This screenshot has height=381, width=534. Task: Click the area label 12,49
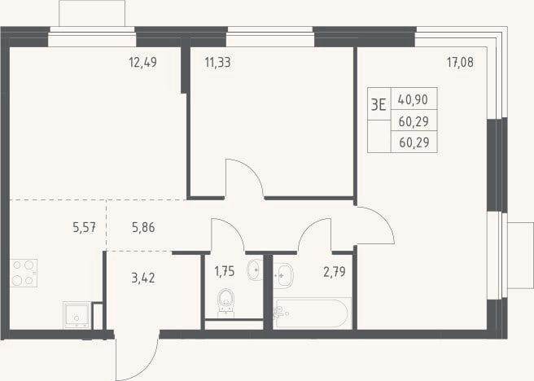pos(142,63)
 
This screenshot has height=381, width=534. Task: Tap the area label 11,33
pos(217,63)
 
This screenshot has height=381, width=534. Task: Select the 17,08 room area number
pos(460,63)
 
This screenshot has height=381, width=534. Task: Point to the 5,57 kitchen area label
pos(84,227)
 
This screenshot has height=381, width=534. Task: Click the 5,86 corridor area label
pos(143,227)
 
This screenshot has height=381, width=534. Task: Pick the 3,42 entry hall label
pos(143,278)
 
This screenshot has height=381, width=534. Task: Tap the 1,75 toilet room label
pos(225,271)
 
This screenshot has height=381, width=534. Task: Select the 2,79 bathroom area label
pos(335,272)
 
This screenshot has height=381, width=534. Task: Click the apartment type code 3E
pos(379,104)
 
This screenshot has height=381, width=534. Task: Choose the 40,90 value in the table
pos(413,99)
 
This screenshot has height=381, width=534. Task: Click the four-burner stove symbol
pos(24,273)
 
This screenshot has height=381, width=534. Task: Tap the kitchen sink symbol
pos(77,315)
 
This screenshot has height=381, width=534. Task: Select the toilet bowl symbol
pos(225,303)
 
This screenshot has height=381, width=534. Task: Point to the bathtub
pos(312,313)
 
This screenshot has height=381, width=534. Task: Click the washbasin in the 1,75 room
pos(255,270)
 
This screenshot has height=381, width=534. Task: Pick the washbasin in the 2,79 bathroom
pos(283,275)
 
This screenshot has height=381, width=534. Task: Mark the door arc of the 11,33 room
pos(252,169)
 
